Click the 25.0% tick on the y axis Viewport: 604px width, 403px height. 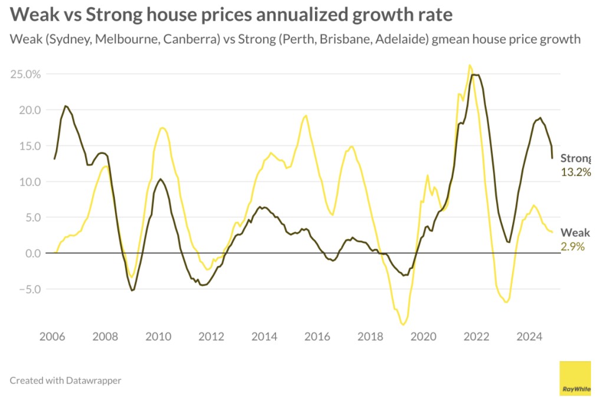point(25,74)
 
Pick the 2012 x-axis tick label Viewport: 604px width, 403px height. point(211,337)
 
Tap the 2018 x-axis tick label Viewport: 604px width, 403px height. point(370,337)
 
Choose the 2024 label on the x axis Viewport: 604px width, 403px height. point(529,337)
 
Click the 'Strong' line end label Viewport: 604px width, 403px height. point(575,158)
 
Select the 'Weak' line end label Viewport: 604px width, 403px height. point(575,232)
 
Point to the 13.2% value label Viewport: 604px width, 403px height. point(575,172)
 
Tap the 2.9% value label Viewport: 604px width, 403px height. point(572,247)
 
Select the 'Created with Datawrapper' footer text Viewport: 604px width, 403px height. point(65,381)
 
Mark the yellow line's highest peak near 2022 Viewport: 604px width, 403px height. point(470,65)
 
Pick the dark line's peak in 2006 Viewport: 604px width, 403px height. point(65,106)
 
